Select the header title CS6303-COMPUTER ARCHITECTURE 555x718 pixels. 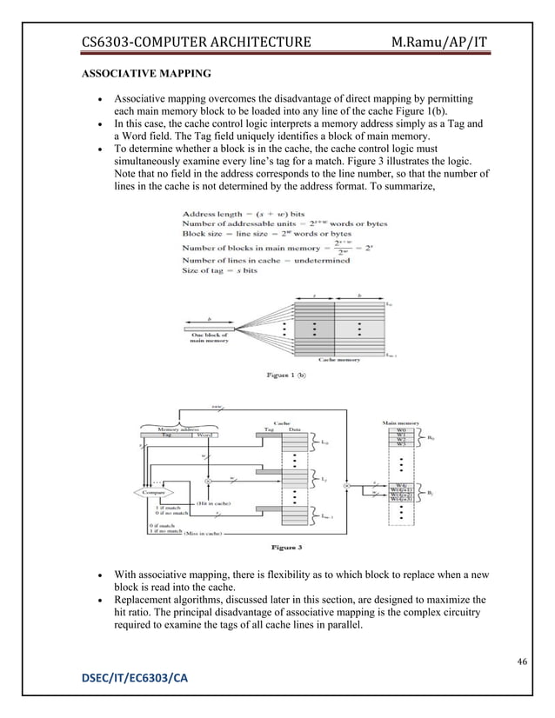coord(196,42)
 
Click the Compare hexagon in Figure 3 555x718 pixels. coord(150,491)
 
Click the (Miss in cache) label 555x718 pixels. coord(204,532)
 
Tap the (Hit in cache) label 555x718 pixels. coord(215,503)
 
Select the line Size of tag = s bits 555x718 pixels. coord(220,271)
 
